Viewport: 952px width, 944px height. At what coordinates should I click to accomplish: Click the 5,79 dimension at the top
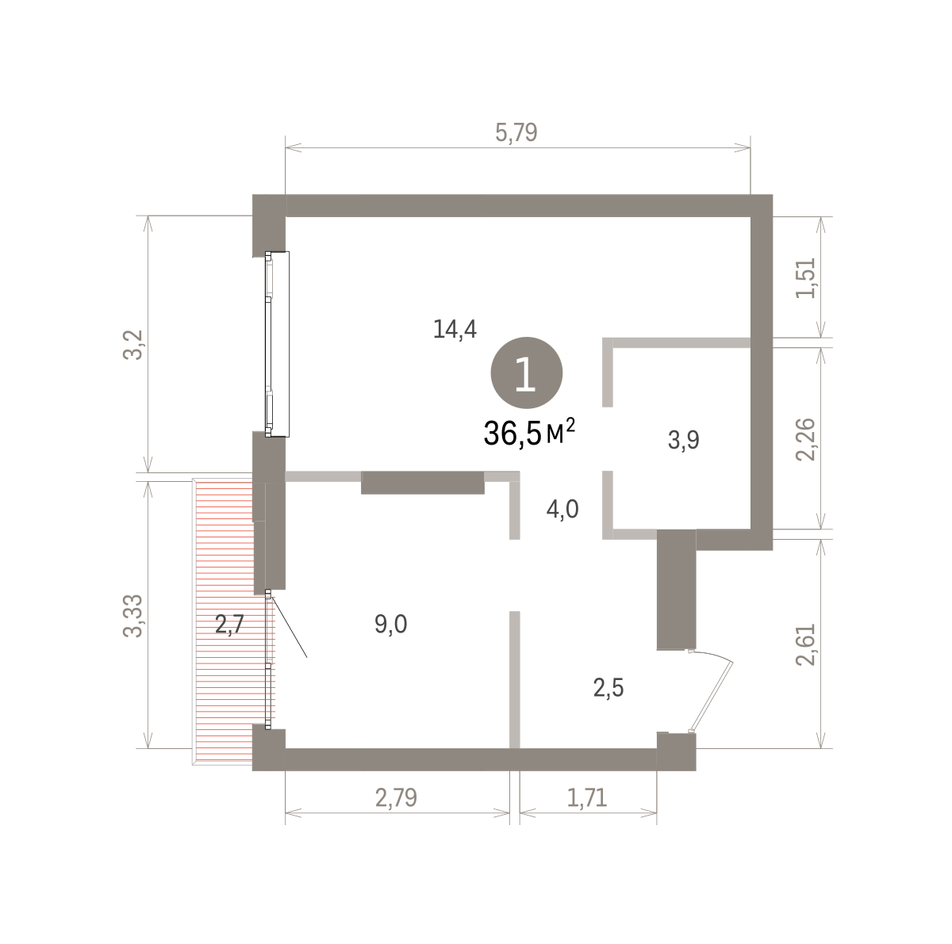(516, 133)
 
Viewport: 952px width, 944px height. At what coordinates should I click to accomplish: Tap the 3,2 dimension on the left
(133, 345)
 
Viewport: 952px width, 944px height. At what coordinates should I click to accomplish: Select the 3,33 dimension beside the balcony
(133, 615)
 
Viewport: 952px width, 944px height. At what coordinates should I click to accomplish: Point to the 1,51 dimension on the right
(805, 278)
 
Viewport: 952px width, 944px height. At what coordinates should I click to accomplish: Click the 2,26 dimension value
(805, 439)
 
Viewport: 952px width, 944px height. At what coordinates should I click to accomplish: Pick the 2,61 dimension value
(805, 644)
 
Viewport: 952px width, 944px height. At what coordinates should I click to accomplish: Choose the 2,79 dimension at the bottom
(396, 797)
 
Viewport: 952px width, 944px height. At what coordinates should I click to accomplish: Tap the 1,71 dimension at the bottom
(587, 797)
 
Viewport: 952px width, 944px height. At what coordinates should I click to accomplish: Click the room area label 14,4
(455, 329)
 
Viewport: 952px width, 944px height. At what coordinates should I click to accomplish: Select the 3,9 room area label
(684, 440)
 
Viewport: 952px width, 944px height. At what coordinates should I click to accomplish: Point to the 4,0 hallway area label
(562, 509)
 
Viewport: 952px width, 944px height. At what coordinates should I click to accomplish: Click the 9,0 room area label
(391, 625)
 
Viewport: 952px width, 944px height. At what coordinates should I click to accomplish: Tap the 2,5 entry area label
(608, 688)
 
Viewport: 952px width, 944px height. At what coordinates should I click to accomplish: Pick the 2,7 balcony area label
(230, 625)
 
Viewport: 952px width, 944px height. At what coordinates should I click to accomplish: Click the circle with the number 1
(527, 373)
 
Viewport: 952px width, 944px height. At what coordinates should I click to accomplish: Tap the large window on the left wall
(277, 344)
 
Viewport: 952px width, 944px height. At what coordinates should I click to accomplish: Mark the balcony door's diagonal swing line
(288, 626)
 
